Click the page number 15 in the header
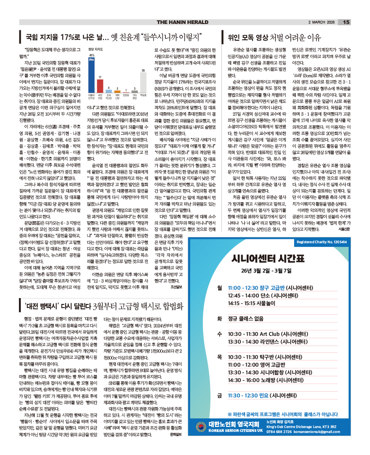(346, 22)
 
